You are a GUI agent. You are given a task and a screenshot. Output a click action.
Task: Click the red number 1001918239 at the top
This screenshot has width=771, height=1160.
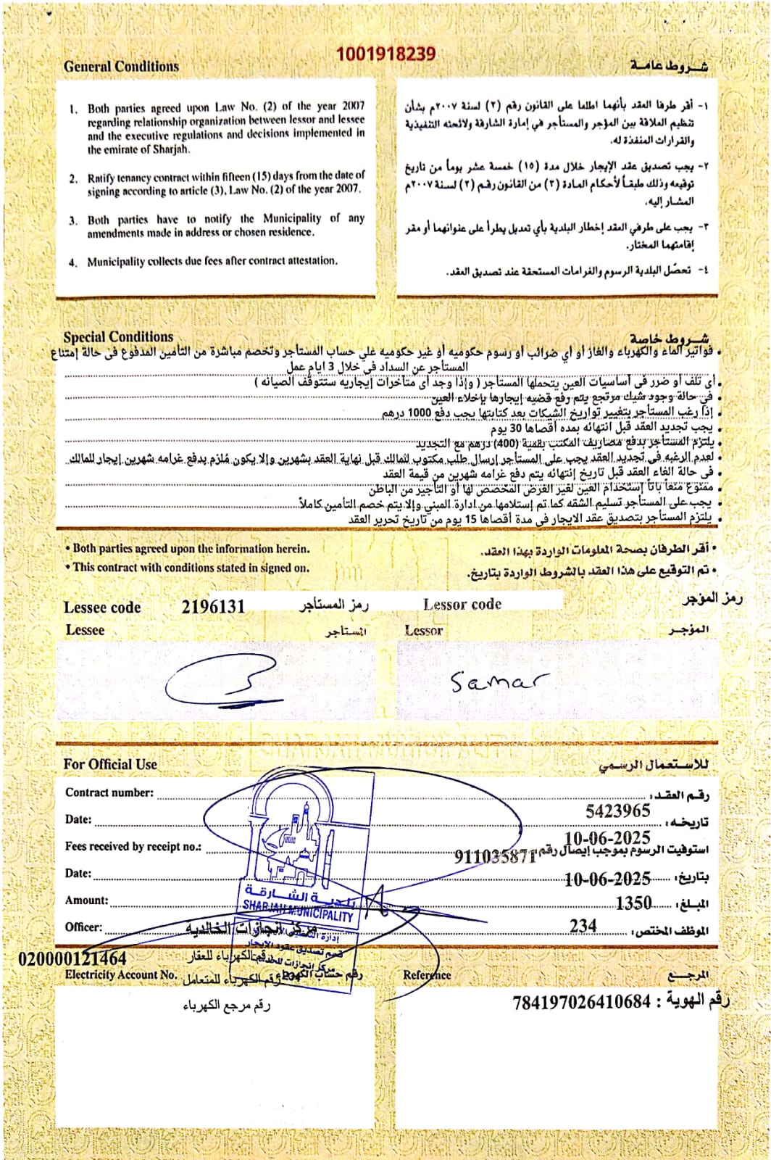coord(385,54)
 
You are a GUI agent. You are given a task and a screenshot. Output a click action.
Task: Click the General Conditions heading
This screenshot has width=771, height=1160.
coord(121,67)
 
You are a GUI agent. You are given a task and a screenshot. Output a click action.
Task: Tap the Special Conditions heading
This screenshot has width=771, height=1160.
coord(118,337)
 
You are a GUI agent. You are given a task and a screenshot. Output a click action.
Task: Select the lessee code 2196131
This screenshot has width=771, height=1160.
coord(213,606)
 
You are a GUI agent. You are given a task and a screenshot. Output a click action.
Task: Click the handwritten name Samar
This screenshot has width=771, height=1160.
coord(499,681)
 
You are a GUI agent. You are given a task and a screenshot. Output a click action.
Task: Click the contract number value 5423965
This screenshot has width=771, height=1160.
coord(617,811)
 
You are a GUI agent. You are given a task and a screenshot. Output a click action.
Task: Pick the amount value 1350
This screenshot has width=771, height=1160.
coord(633,903)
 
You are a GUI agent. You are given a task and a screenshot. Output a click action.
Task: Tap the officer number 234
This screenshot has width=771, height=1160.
coord(583,926)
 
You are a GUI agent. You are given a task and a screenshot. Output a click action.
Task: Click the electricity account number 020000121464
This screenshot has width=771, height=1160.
coord(72,958)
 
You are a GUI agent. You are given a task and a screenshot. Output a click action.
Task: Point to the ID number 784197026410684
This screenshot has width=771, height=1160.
coord(581,1003)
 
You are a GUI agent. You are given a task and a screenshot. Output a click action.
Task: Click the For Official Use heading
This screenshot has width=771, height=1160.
coord(110,764)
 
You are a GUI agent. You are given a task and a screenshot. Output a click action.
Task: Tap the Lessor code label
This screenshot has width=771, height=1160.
coord(462,604)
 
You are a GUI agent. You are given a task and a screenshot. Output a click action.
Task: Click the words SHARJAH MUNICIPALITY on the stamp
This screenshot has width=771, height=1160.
coord(297,910)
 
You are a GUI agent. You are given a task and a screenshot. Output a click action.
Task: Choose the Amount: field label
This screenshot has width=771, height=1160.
coord(87,900)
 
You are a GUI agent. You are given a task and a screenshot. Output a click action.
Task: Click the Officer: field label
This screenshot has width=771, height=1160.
coord(84,927)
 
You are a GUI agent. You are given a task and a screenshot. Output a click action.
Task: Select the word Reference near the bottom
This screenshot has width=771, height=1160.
coord(427,975)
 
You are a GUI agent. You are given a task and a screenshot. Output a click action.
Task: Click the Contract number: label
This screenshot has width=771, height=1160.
coord(109,792)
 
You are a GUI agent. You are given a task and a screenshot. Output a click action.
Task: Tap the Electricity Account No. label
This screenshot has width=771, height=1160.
coord(121,975)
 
